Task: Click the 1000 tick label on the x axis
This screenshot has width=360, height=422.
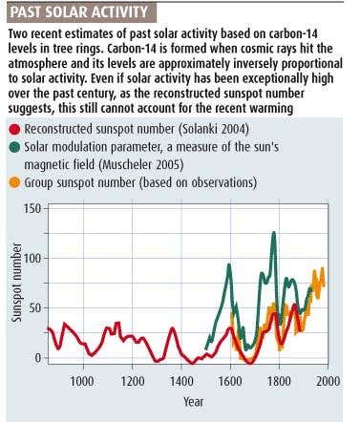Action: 82,381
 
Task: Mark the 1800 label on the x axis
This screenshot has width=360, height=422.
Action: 279,381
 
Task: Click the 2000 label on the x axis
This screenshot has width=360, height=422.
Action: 328,381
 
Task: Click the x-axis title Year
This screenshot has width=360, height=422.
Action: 194,402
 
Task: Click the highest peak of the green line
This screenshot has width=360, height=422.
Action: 274,232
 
